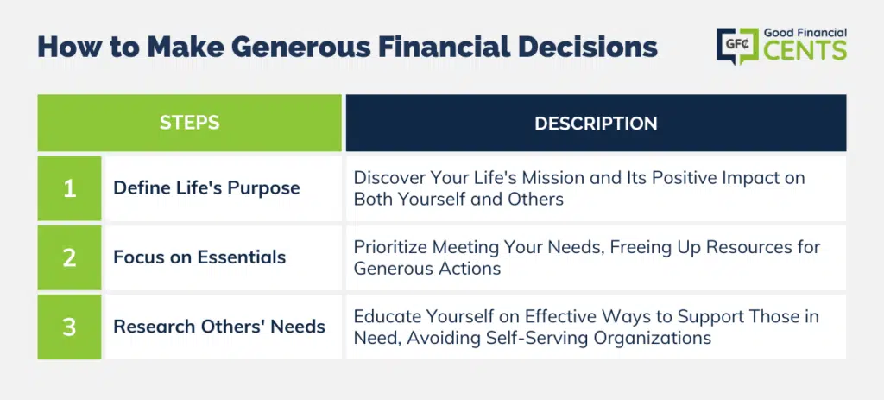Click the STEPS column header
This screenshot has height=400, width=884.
(x=189, y=123)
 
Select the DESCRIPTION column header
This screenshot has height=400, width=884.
(x=596, y=123)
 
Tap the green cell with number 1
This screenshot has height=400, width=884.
(x=69, y=188)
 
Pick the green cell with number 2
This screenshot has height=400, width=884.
(x=69, y=257)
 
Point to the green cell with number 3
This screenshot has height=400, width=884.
(x=69, y=327)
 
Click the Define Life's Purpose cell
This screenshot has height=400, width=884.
(x=224, y=188)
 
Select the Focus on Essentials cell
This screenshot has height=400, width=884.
(x=224, y=257)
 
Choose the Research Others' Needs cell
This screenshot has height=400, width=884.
(x=224, y=327)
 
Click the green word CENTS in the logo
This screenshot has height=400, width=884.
(x=805, y=50)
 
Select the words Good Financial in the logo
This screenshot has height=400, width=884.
(x=805, y=34)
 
